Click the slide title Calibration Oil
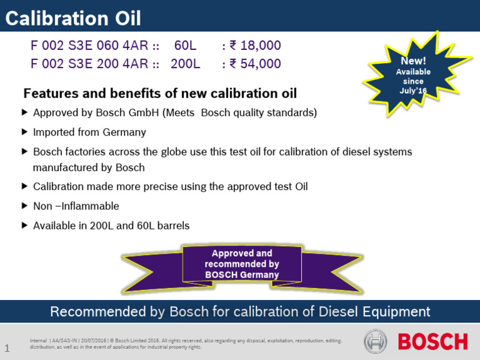(73, 17)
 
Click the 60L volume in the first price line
(186, 46)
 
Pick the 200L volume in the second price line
(185, 64)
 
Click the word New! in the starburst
(413, 61)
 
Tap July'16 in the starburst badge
(413, 91)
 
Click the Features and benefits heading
(160, 94)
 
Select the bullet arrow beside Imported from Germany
(25, 132)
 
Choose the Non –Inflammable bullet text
(76, 206)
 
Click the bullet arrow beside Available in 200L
(25, 225)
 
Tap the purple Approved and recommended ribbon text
(241, 264)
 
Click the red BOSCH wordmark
(432, 341)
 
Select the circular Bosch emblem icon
(376, 341)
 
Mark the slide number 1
(7, 347)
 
